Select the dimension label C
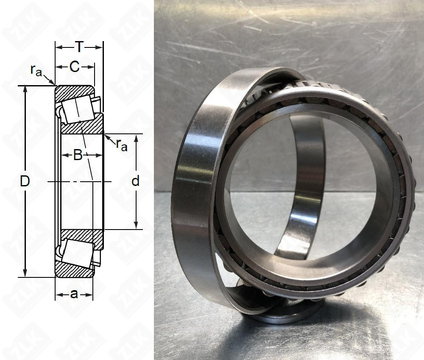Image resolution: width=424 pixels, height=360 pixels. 74,66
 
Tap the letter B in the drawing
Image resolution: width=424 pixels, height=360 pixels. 78,155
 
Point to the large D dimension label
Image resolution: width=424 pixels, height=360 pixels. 25,182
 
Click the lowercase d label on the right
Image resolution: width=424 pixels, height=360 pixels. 135,181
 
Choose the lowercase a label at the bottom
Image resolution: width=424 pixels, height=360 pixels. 74,294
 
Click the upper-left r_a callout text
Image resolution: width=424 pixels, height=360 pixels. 36,71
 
